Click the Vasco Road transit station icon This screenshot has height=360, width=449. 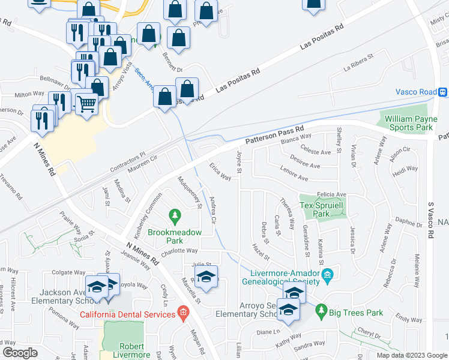(442, 92)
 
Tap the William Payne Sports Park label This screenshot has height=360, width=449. (411, 123)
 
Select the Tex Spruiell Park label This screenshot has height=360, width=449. (315, 209)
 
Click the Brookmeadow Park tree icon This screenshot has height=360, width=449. (175, 214)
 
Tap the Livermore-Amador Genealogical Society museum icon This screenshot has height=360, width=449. (327, 277)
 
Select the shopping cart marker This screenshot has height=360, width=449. (86, 103)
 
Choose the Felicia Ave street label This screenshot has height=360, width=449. (332, 194)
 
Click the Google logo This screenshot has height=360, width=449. (20, 353)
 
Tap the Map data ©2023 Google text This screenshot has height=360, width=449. (411, 355)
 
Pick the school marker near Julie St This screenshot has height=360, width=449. (206, 278)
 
